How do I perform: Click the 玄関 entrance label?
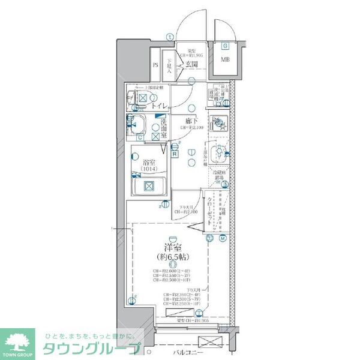tap(191, 64)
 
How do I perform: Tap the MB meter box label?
tap(225, 59)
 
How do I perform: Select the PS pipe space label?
tap(155, 65)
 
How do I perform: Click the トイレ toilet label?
tap(159, 106)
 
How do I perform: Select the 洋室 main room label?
tap(172, 247)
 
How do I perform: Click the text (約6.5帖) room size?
tap(172, 256)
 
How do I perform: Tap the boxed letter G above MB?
tap(225, 46)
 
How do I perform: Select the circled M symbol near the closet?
tap(222, 238)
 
